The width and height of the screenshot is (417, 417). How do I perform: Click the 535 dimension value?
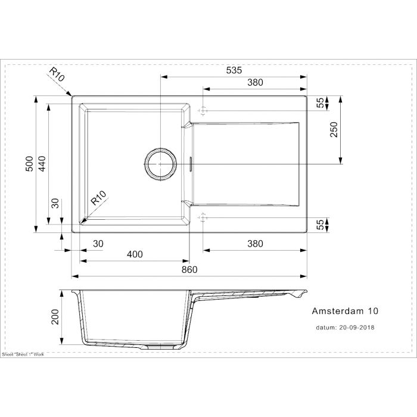(x=234, y=70)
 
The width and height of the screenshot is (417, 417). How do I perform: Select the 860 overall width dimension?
(x=189, y=270)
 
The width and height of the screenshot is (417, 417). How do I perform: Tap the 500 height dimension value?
(x=30, y=164)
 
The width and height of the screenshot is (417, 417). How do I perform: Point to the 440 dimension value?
(x=42, y=164)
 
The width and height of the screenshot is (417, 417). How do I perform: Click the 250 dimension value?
(x=334, y=129)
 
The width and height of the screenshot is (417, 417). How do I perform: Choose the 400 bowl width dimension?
(x=135, y=254)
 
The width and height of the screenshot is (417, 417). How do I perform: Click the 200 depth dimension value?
(x=55, y=317)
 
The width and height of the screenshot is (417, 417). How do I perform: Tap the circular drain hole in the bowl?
(x=161, y=164)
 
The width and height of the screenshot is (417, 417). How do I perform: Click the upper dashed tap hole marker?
(x=203, y=110)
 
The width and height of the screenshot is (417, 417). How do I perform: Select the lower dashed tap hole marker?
(x=203, y=217)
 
